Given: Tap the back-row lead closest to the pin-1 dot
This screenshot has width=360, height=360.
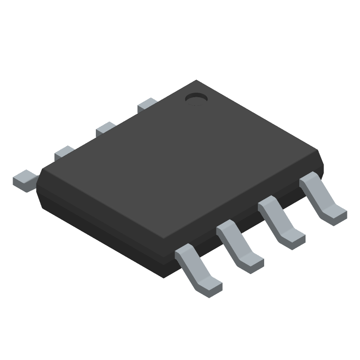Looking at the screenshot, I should click(x=147, y=105).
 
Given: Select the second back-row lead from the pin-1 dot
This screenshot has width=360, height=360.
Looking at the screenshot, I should click(x=106, y=129).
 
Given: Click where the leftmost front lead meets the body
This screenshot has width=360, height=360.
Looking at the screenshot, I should click(x=182, y=252).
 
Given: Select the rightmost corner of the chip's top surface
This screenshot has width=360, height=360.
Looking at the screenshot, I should click(x=319, y=152).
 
